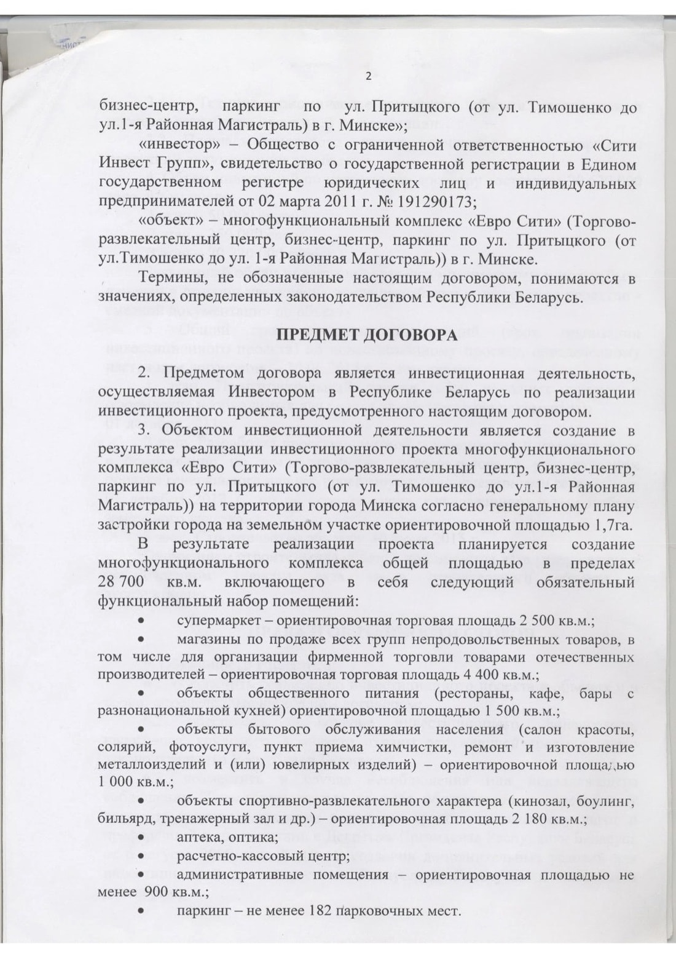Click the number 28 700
[x=121, y=581]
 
